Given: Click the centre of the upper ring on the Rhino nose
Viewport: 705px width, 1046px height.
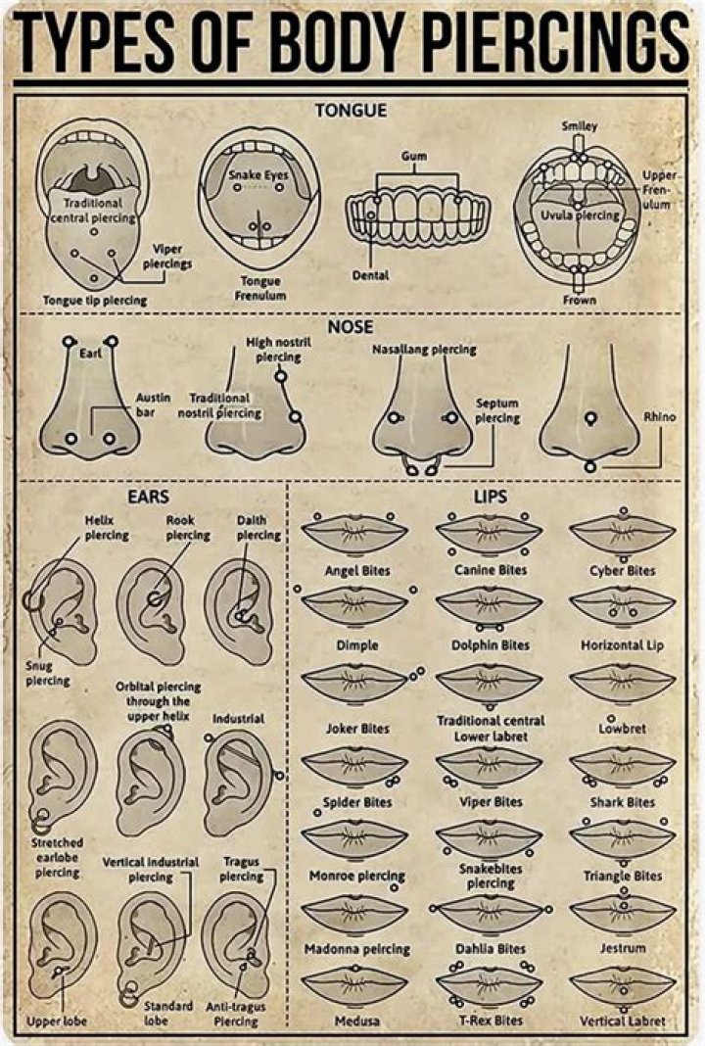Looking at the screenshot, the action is coord(589,419).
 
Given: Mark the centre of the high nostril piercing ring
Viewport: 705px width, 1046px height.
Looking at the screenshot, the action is coord(281,376).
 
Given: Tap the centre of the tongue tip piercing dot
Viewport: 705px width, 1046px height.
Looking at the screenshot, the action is coord(94,278).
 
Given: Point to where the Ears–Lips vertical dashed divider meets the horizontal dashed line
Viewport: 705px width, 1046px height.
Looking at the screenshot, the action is coord(288,480).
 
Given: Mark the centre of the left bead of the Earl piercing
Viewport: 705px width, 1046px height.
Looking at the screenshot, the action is coord(68,342).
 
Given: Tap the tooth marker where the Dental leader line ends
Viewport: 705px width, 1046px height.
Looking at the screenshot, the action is coord(371,214).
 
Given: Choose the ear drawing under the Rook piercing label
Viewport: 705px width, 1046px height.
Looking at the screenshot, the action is coord(151,611).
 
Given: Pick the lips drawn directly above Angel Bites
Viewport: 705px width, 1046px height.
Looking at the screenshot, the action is coord(354,533).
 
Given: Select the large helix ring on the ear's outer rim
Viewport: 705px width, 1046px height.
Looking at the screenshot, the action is coord(32,601).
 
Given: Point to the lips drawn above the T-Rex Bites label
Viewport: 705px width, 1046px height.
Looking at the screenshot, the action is coord(490,984).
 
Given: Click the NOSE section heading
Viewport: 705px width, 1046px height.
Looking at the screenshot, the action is coord(351,327).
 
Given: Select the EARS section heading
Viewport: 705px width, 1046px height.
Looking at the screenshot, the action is coord(148,497).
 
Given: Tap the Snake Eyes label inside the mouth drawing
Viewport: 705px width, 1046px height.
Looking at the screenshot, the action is coord(258,174).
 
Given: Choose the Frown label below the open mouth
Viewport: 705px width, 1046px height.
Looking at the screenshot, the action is coord(579,301).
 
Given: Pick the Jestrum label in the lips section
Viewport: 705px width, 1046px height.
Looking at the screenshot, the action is coord(623,948).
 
